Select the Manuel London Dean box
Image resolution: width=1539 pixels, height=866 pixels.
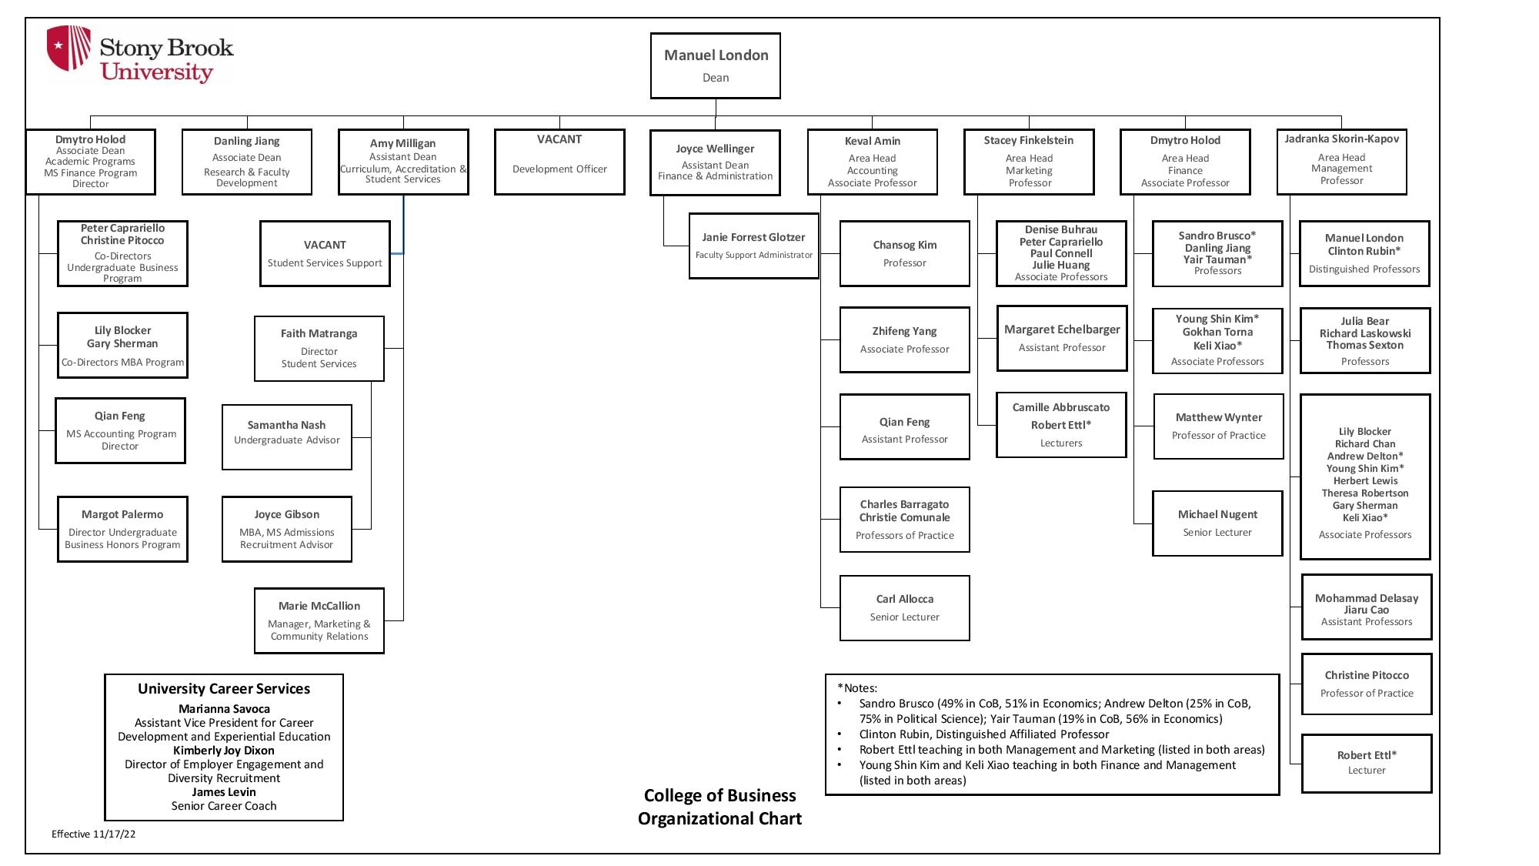(716, 65)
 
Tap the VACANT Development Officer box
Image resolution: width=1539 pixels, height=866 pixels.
(559, 162)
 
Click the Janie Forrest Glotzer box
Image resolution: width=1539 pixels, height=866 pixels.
(753, 246)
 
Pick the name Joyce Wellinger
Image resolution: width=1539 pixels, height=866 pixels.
(715, 149)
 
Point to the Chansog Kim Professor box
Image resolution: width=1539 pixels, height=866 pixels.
(905, 253)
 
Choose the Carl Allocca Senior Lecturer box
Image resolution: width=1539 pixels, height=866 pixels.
(905, 608)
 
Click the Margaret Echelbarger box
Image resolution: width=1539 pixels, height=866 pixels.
(1062, 339)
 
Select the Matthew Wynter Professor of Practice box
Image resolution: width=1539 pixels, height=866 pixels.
(1219, 426)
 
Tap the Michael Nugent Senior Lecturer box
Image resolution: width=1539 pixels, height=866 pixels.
(1217, 523)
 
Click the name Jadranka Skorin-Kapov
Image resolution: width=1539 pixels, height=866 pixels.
(1341, 139)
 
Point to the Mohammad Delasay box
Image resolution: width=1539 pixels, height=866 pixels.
(1367, 607)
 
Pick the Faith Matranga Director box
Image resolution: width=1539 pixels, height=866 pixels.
(319, 349)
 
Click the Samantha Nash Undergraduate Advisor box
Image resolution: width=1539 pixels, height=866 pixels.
(287, 437)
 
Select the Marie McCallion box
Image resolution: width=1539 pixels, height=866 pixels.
(319, 621)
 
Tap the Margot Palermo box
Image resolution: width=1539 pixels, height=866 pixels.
(122, 529)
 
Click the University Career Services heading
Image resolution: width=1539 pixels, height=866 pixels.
(224, 689)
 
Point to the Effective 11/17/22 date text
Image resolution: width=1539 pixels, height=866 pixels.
(94, 834)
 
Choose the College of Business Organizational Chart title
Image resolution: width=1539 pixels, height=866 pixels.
(719, 807)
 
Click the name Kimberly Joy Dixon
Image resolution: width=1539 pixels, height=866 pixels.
(224, 751)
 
